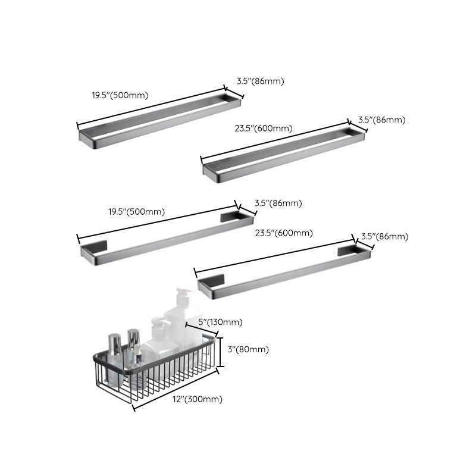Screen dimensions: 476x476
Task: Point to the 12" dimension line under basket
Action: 175,390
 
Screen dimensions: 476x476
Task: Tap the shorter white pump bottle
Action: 159,342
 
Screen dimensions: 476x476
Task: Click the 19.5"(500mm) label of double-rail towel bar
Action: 120,95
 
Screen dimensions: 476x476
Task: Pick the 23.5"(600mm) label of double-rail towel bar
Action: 264,129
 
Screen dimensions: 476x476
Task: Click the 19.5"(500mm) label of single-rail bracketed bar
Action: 136,211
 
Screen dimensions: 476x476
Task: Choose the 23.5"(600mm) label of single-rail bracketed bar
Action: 284,233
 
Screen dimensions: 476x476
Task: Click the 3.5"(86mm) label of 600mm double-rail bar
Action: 381,120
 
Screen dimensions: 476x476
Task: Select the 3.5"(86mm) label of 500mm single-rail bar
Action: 278,203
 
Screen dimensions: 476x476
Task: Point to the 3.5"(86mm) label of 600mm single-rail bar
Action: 385,236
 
